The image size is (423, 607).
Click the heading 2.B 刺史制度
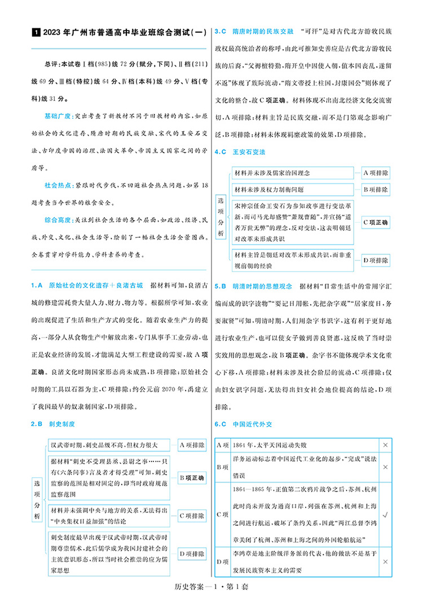54,423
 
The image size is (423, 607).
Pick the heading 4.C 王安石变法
240,152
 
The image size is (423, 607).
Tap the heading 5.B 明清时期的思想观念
254,286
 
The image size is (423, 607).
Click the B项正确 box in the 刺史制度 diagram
192,478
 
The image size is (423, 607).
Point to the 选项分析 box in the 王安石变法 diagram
222,216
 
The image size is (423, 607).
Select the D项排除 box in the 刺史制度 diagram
192,554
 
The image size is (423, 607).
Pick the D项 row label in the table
222,562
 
